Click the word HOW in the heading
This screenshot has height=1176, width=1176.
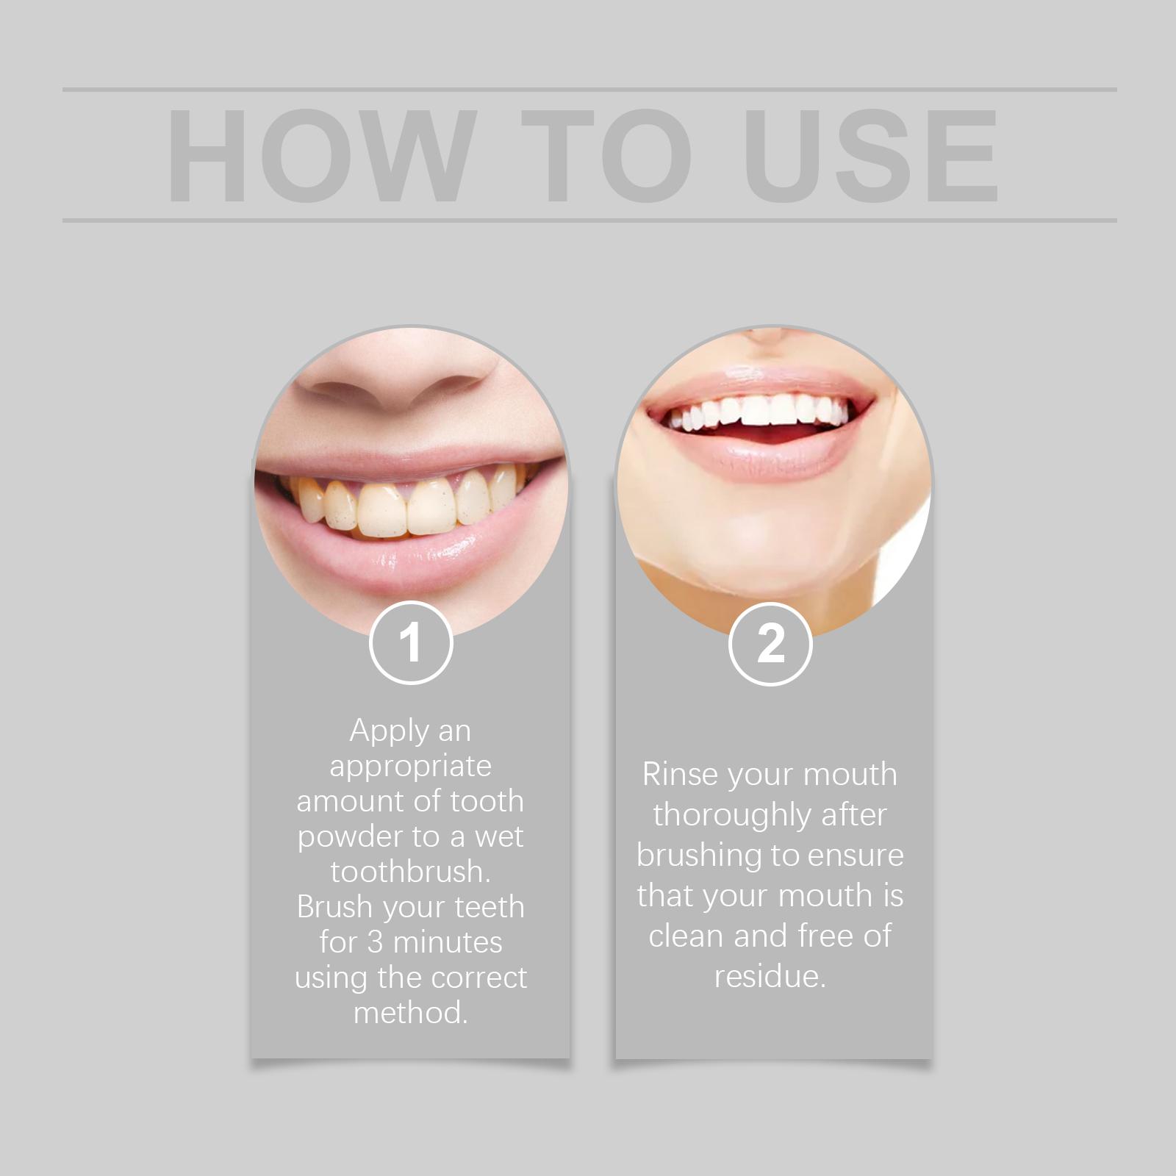point(318,156)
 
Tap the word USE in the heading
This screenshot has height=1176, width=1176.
point(875,156)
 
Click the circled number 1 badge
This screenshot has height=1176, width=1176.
point(410,643)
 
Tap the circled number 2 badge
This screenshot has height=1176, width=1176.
point(770,643)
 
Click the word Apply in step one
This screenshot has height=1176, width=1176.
point(390,731)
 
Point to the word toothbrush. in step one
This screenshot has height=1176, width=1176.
point(411,872)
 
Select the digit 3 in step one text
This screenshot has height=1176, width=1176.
point(375,942)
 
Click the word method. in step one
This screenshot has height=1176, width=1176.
point(411,1013)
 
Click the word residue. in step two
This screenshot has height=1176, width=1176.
point(770,976)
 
